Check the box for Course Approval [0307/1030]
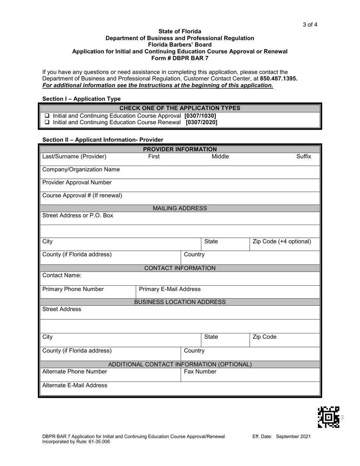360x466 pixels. point(47,116)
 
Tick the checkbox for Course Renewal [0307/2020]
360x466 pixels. point(47,122)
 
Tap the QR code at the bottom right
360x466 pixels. point(328,417)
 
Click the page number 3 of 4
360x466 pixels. point(310,25)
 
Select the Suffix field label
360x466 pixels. point(304,156)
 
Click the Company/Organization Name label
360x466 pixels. point(81,169)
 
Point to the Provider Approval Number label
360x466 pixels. point(77,183)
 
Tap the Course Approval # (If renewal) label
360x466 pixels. point(82,195)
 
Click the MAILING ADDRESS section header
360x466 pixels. point(180,208)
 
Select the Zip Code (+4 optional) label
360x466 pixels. point(282,242)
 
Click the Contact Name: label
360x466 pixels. point(62,275)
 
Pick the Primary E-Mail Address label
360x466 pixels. point(170,289)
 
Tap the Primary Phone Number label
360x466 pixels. point(73,289)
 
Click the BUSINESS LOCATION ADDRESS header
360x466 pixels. point(180,302)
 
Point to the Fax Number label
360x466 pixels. point(200,372)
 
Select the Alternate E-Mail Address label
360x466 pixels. point(75,385)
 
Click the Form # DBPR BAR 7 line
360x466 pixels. point(180,58)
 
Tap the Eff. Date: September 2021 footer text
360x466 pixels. point(282,436)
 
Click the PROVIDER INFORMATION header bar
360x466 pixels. point(180,149)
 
